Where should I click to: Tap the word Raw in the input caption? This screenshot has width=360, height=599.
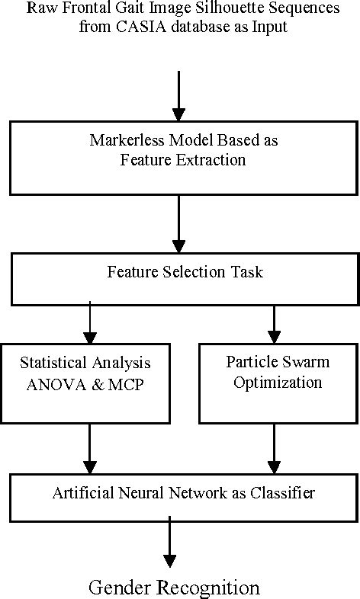(x=40, y=9)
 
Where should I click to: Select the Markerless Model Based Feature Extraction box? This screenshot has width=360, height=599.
(x=179, y=158)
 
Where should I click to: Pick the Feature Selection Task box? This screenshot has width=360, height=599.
(x=179, y=279)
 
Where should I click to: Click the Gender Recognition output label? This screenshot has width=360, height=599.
(x=175, y=588)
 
